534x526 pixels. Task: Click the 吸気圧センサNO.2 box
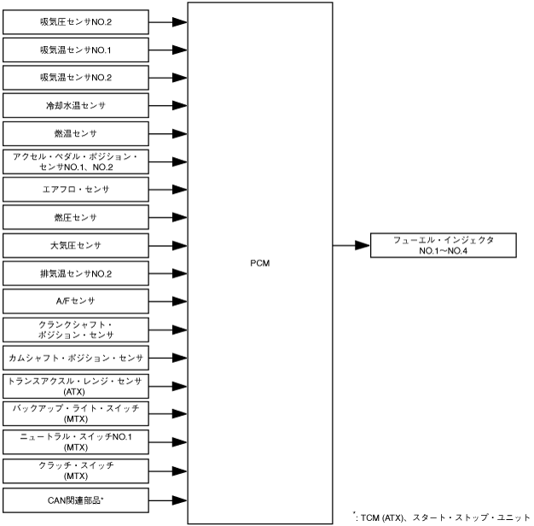coord(75,22)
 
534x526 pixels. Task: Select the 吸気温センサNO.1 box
coord(75,50)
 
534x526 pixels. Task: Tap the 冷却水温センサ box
coord(75,106)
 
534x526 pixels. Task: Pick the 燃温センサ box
coord(75,134)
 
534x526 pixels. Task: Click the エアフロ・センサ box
coord(75,190)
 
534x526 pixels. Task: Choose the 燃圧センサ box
coord(75,218)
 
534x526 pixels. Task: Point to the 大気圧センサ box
coord(75,246)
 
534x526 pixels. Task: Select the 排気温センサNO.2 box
coord(75,274)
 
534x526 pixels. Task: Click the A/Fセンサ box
coord(75,301)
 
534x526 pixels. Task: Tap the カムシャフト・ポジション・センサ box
coord(75,358)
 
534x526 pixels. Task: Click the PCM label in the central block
coord(259,262)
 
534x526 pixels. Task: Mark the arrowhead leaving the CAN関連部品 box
coord(178,498)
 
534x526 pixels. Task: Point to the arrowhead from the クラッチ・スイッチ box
coord(178,470)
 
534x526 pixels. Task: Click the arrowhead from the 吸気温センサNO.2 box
coord(178,79)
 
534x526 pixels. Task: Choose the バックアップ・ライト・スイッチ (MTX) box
coord(75,413)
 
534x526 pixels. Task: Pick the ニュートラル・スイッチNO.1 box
coord(75,441)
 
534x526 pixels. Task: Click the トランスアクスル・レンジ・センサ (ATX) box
coord(75,385)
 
